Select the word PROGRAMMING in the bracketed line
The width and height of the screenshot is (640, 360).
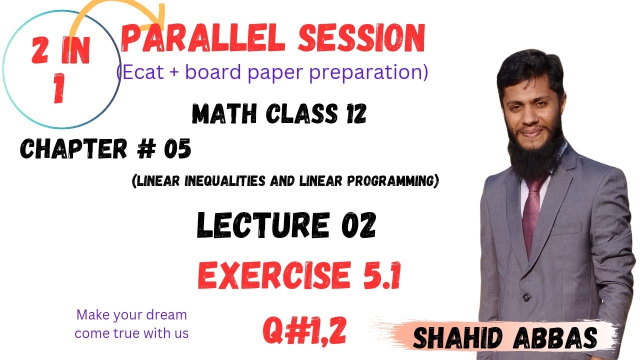(x=397, y=181)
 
